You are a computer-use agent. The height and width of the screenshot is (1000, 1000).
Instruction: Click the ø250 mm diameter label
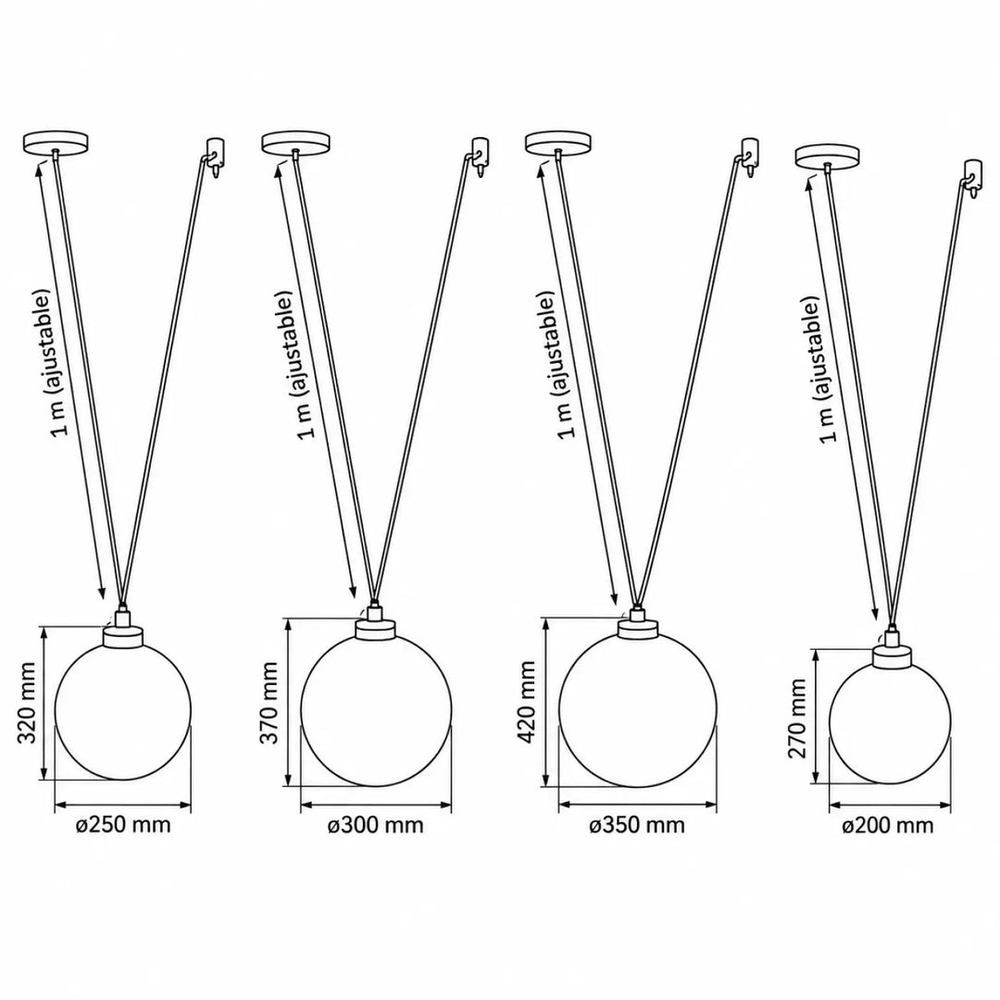[x=123, y=825]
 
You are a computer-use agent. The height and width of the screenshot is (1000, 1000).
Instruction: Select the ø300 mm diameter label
[x=376, y=825]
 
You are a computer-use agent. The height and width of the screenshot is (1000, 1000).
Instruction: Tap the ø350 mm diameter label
[x=637, y=825]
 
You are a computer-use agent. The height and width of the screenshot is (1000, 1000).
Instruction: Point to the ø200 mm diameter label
[x=888, y=826]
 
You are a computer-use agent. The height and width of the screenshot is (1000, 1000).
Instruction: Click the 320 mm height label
[x=26, y=703]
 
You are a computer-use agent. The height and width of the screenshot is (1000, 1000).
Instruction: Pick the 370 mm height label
[x=269, y=703]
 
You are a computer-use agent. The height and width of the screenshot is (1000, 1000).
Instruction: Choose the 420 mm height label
[x=528, y=702]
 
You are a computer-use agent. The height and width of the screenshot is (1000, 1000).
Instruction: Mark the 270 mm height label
[x=797, y=719]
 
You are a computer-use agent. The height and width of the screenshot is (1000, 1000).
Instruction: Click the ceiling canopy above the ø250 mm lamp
[x=55, y=143]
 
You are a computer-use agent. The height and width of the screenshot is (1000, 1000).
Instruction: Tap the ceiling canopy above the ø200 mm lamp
[x=827, y=156]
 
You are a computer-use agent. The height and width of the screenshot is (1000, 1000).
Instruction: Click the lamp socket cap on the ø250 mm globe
[x=122, y=631]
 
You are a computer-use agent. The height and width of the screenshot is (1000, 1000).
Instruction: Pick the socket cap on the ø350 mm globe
[x=637, y=624]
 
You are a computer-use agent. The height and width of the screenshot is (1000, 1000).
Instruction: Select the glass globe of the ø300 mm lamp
[x=376, y=710]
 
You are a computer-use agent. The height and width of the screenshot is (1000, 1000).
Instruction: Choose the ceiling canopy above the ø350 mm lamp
[x=558, y=143]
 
